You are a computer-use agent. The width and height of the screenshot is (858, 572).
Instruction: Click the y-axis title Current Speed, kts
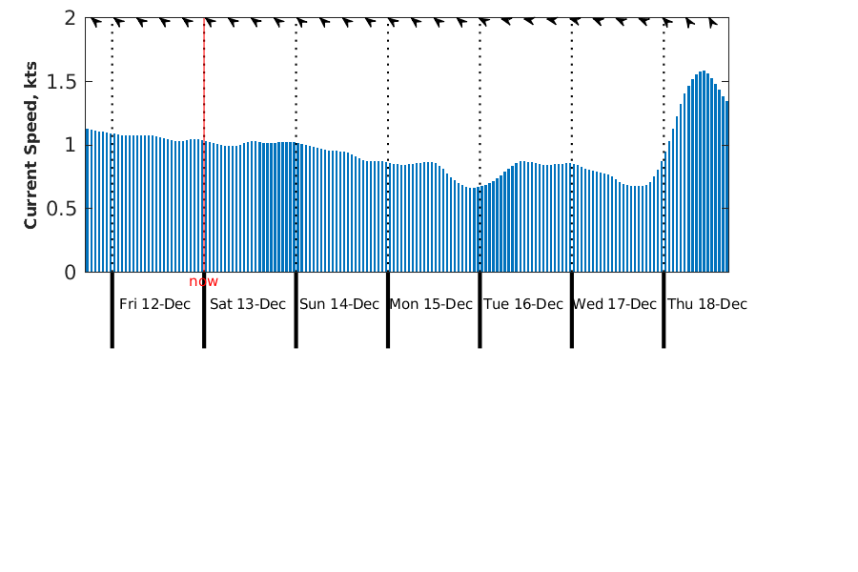point(31,145)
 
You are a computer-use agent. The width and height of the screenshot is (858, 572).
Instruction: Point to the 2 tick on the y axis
point(71,18)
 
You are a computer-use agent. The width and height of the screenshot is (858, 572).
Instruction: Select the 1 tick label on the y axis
point(71,145)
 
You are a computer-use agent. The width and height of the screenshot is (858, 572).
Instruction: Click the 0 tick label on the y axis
point(71,272)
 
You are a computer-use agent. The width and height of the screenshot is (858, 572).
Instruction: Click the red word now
point(203,281)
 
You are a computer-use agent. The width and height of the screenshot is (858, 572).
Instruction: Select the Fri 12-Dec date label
point(154,304)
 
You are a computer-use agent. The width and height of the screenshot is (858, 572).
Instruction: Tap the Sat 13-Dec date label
point(247,304)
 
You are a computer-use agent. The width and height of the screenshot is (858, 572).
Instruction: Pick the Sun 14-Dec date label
point(339,304)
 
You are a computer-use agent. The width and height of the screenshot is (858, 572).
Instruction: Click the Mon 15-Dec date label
point(431,304)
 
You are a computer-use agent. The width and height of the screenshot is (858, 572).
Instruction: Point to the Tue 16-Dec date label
point(523,304)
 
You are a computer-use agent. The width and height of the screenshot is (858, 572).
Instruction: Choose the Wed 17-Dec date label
point(615,304)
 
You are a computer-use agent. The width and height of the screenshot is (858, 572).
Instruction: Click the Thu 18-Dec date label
point(706,304)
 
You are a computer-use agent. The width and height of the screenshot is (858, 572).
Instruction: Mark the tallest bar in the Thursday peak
point(703,172)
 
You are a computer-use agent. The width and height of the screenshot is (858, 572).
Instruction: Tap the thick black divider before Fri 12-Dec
point(112,310)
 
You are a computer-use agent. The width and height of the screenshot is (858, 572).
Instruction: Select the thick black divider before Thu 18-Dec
point(664,310)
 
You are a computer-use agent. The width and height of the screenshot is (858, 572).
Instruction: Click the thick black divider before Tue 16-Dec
point(480,310)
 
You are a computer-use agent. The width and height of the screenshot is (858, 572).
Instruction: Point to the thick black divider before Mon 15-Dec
point(388,310)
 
